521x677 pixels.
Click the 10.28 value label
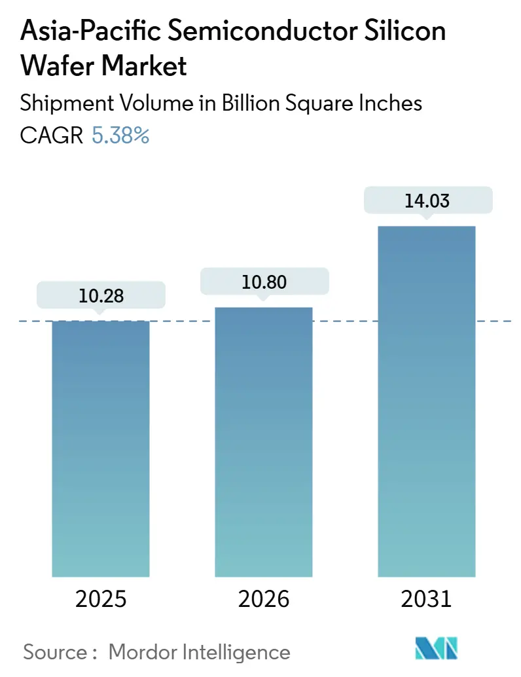pos(101,297)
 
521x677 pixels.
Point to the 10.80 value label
pos(264,282)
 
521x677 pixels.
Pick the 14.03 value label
pos(427,200)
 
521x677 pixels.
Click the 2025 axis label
pos(101,599)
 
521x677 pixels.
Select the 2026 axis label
pos(264,599)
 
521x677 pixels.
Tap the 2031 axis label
pos(427,599)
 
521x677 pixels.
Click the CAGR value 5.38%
pos(120,136)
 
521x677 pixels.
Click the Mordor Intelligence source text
pos(199,651)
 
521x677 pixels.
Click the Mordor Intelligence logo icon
pos(437,649)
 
